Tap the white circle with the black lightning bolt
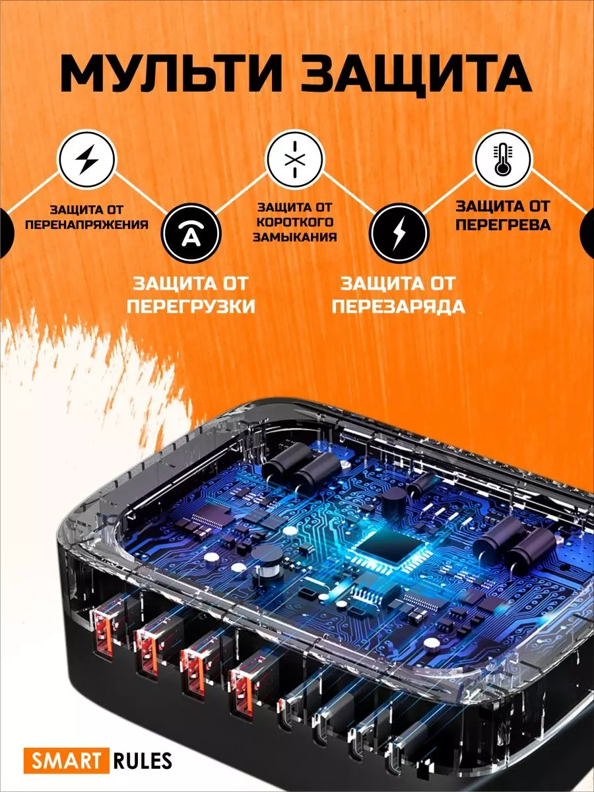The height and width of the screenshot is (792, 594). (x=87, y=159)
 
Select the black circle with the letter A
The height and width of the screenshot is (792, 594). (x=190, y=233)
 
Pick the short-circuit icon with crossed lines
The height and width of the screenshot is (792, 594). (x=294, y=159)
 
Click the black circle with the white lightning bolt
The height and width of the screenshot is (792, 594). (x=399, y=233)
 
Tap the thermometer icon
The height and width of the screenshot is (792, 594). (x=503, y=159)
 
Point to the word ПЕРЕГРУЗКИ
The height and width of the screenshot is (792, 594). (x=191, y=307)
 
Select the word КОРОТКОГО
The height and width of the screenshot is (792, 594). (x=294, y=222)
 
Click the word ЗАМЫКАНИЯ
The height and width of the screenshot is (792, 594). (x=294, y=237)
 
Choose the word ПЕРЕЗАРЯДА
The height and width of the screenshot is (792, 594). (x=399, y=307)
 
